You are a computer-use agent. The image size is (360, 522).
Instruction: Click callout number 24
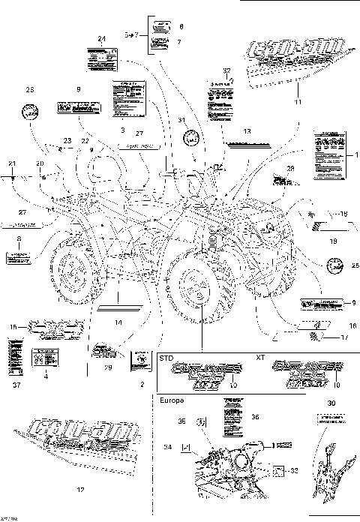[101, 38]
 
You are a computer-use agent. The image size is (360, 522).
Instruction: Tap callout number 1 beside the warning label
[357, 154]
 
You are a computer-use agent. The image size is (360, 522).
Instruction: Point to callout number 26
[30, 90]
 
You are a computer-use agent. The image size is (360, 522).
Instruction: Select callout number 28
[290, 168]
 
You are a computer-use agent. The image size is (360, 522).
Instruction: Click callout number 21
[12, 163]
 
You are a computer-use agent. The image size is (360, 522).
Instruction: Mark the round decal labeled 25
[334, 263]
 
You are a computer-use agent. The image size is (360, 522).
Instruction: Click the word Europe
[171, 401]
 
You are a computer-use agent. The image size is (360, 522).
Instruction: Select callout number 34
[168, 447]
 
